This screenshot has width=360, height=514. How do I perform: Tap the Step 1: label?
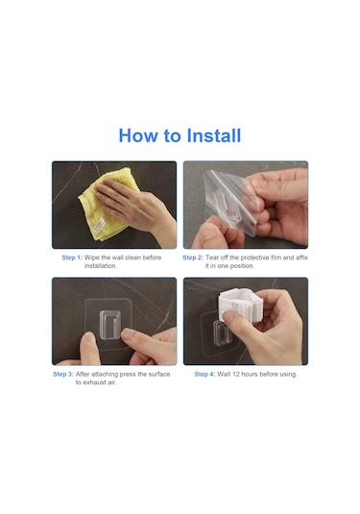pos(72,257)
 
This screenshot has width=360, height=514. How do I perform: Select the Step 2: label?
pos(193,257)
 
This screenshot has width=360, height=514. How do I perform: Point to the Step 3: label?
pos(63,374)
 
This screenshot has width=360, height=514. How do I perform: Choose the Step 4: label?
pos(204,374)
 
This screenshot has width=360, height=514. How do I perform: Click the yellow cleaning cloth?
pos(108,205)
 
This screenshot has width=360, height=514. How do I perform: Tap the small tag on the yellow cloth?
pos(99,226)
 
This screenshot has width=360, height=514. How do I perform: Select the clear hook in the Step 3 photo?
pos(110,325)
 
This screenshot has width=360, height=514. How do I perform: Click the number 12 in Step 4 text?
pos(236,374)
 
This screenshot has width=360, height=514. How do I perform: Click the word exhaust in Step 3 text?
pos(95,382)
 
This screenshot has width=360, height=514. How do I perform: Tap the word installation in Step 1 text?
pos(100,266)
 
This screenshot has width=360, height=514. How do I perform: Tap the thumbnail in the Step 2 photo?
pos(207,233)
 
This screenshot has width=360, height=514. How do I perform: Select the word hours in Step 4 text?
pos(251,374)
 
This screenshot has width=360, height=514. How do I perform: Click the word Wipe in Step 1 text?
pos(92,257)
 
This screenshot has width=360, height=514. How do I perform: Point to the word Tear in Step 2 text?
pos(212,257)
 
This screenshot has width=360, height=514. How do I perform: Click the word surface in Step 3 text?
pos(159,374)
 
